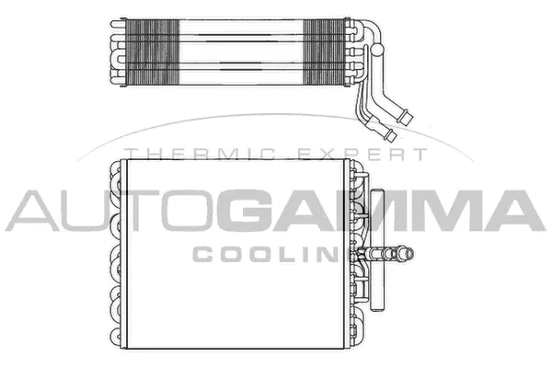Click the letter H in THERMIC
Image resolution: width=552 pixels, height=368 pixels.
pyautogui.click(x=152, y=155)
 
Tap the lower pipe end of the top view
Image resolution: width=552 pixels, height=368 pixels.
pyautogui.click(x=392, y=136)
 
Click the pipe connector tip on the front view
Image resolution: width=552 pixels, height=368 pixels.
pyautogui.click(x=408, y=252)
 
